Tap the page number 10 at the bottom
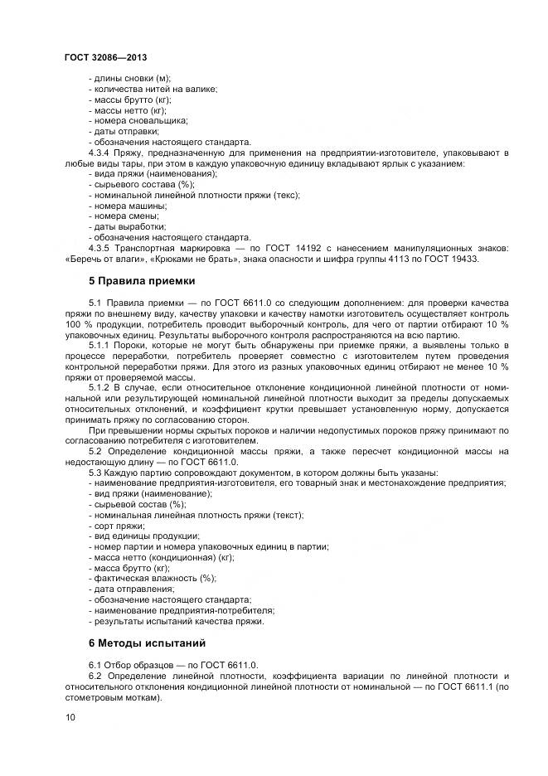(x=70, y=717)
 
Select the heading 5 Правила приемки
(x=141, y=281)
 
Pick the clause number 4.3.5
(x=99, y=248)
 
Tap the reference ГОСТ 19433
(x=451, y=259)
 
